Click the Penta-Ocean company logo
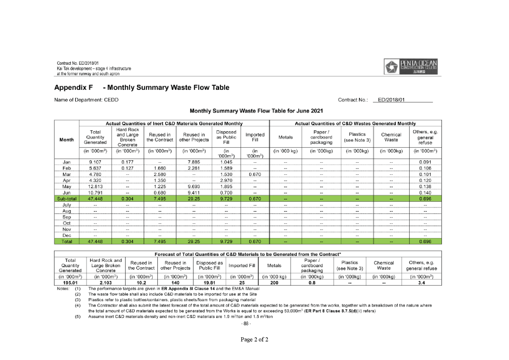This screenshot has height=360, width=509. pos(411,66)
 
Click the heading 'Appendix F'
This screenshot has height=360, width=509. pos(73,87)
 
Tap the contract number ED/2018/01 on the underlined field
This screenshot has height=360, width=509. pos(391,100)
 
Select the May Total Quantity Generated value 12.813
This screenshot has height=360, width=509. pos(95,187)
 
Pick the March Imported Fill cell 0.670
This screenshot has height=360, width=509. pos(255,174)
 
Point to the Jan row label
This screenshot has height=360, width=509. pos(67,162)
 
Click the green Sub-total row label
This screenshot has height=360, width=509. pos(67,199)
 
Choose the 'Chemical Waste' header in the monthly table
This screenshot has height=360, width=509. pos(391,137)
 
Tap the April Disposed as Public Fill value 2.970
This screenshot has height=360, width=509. pos(226,181)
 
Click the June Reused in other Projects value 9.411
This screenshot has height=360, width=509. pos(194,193)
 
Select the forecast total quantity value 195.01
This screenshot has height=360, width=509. pos(70,283)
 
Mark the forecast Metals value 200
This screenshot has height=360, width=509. pos(274,283)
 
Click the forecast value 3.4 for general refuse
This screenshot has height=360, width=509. pos(421,283)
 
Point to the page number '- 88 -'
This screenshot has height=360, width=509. pos(246,324)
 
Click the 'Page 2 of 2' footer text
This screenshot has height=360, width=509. pos(254,339)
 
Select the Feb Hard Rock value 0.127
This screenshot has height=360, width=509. pos(127,168)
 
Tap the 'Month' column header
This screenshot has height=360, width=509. pos(67,140)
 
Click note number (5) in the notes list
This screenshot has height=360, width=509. pos(77,317)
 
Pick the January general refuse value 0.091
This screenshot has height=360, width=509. pos(425,162)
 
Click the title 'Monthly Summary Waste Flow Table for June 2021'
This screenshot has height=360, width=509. pos(256,111)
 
